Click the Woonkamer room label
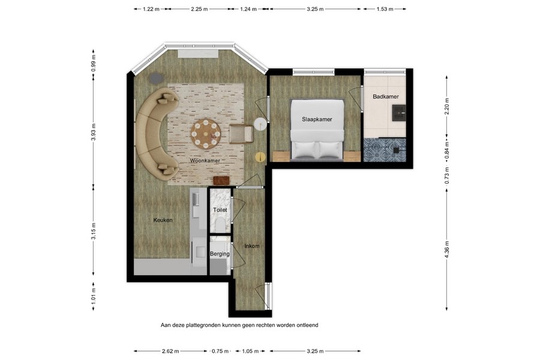click(204, 161)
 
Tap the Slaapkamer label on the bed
click(317, 119)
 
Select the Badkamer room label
click(385, 96)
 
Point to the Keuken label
click(163, 220)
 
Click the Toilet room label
click(220, 210)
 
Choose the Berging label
click(220, 254)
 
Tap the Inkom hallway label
click(251, 246)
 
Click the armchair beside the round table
click(241, 133)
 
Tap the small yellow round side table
click(260, 157)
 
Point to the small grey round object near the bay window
click(156, 77)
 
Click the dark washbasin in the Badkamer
click(398, 112)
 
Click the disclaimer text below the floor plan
click(239, 325)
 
